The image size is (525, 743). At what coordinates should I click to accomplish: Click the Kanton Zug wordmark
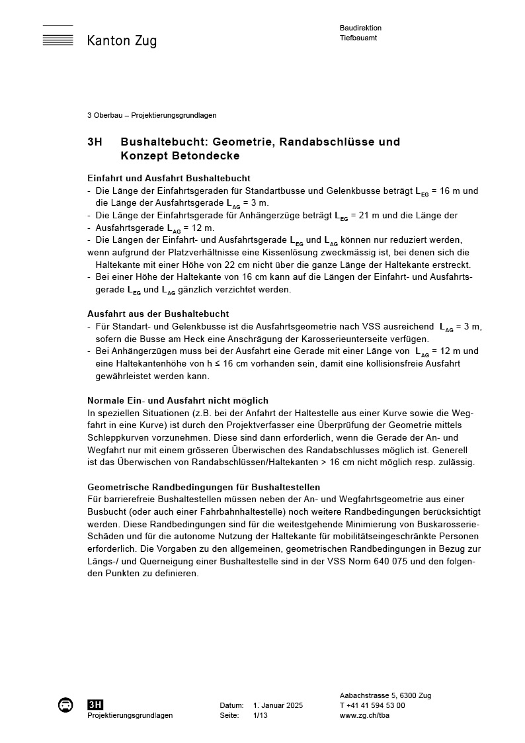[x=122, y=41]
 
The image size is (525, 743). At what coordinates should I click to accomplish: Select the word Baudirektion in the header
[x=360, y=28]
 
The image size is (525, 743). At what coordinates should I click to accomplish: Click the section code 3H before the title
[x=95, y=142]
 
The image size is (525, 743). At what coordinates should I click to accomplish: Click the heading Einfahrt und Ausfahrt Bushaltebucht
[x=169, y=179]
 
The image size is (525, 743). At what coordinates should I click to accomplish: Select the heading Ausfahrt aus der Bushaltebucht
[x=158, y=314]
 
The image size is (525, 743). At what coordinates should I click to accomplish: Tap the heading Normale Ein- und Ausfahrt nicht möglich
[x=178, y=401]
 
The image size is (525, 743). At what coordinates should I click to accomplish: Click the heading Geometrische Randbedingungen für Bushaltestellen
[x=204, y=487]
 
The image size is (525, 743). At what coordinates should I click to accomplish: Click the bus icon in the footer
[x=65, y=705]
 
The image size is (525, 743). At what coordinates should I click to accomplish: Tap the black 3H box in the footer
[x=95, y=705]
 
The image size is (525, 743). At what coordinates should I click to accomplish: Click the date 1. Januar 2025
[x=278, y=705]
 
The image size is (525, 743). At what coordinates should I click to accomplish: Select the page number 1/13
[x=261, y=715]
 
